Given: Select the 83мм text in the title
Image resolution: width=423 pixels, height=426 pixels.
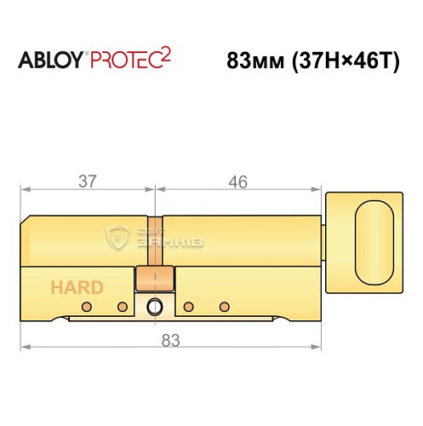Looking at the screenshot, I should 254,62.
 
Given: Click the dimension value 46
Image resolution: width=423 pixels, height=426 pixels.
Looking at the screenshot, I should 238,181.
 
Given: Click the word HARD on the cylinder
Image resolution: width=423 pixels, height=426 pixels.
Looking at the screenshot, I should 77,287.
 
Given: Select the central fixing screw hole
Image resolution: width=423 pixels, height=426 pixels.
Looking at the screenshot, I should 155,307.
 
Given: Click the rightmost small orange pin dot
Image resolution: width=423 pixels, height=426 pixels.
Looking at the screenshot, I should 225,305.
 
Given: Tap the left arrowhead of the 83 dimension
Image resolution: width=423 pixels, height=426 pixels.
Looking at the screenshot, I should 26,347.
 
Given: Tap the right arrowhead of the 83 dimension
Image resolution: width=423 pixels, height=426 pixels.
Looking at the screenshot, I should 319,347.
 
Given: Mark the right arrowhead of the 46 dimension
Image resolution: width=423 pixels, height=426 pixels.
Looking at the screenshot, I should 323,189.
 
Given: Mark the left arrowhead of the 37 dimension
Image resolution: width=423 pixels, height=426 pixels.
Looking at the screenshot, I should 26,189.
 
